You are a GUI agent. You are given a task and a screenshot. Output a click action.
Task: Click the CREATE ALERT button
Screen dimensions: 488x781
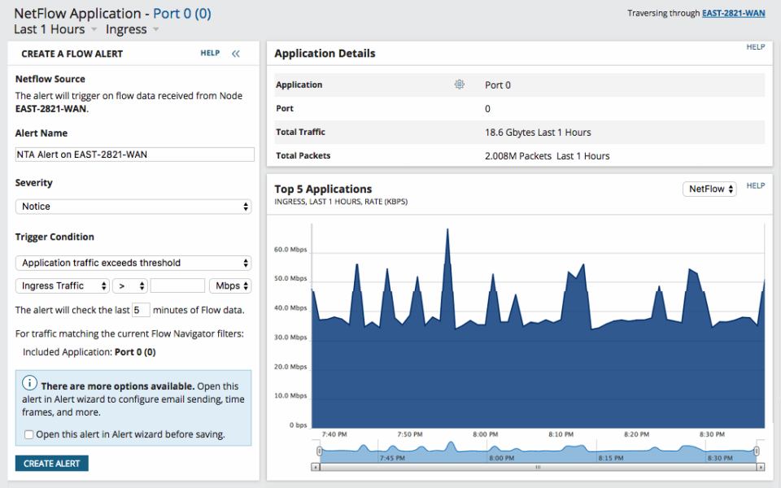51,464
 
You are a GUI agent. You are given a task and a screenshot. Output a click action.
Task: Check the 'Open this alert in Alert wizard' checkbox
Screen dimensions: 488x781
29,434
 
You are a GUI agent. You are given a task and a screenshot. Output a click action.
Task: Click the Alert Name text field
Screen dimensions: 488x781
134,155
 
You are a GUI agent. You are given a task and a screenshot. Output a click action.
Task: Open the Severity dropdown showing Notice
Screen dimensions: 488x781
133,207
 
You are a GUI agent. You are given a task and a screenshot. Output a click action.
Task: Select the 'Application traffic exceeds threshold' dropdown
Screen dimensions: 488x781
133,263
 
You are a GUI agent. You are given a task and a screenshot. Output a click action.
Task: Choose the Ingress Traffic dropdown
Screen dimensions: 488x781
63,285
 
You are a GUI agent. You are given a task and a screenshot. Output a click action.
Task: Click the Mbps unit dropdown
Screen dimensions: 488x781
230,285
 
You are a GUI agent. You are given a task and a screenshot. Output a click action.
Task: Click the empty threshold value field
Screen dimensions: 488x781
177,285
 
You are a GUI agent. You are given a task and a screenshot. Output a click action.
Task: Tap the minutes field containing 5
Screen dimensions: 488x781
141,310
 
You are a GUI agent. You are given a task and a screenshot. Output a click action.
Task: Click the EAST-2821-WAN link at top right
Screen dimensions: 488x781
733,13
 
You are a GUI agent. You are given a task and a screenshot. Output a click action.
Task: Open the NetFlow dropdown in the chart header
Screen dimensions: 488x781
709,189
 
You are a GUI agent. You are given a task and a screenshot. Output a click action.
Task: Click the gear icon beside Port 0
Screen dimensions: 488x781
460,85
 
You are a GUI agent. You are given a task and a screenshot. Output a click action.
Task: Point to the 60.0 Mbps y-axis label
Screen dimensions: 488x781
290,250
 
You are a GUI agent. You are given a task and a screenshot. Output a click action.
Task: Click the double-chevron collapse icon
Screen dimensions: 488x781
236,54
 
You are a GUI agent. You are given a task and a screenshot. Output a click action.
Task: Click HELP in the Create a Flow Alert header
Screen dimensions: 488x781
210,54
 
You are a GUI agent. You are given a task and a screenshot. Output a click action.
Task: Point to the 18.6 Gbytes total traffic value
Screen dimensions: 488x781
538,132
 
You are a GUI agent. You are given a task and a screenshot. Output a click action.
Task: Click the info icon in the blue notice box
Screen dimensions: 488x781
29,383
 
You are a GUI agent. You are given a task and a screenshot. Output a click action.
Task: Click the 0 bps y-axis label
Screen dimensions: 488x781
298,425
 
